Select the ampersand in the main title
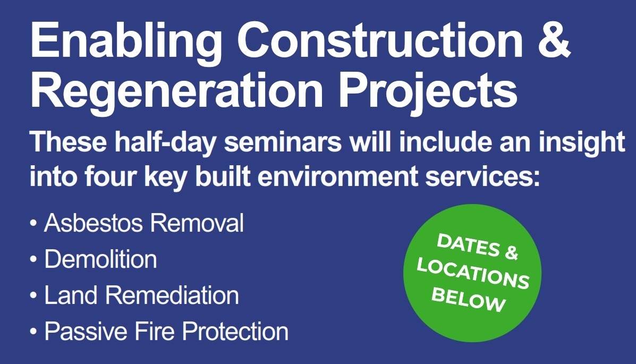pyautogui.click(x=554, y=40)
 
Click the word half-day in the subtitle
pyautogui.click(x=165, y=143)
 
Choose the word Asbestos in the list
pyautogui.click(x=94, y=223)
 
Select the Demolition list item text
pyautogui.click(x=100, y=259)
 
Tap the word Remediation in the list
pyautogui.click(x=172, y=295)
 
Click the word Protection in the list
pyautogui.click(x=235, y=331)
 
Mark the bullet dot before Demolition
pyautogui.click(x=33, y=259)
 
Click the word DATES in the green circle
pyautogui.click(x=468, y=244)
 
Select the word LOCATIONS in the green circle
pyautogui.click(x=473, y=274)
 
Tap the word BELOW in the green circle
pyautogui.click(x=469, y=300)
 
